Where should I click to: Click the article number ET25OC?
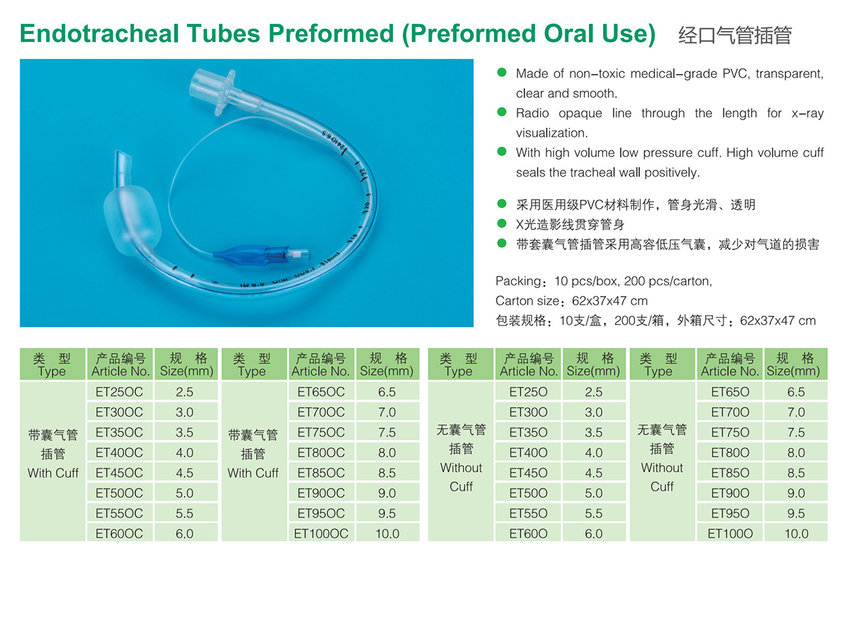[119, 392]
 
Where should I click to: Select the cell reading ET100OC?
[321, 533]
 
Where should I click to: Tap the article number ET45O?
[528, 473]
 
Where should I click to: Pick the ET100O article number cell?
[730, 533]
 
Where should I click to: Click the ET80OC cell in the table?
[321, 452]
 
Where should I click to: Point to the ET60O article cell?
[528, 533]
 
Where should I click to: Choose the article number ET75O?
[730, 433]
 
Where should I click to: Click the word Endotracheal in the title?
[100, 33]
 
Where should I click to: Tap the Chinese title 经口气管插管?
[735, 35]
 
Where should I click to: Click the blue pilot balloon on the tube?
[239, 254]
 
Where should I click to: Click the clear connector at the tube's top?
[215, 91]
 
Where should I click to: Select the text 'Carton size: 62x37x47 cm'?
[571, 301]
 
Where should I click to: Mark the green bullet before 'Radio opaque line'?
[501, 112]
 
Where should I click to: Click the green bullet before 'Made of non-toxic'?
[501, 73]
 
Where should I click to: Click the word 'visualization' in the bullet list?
[551, 133]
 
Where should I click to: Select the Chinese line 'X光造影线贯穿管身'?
[570, 224]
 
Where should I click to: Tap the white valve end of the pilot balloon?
[300, 254]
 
